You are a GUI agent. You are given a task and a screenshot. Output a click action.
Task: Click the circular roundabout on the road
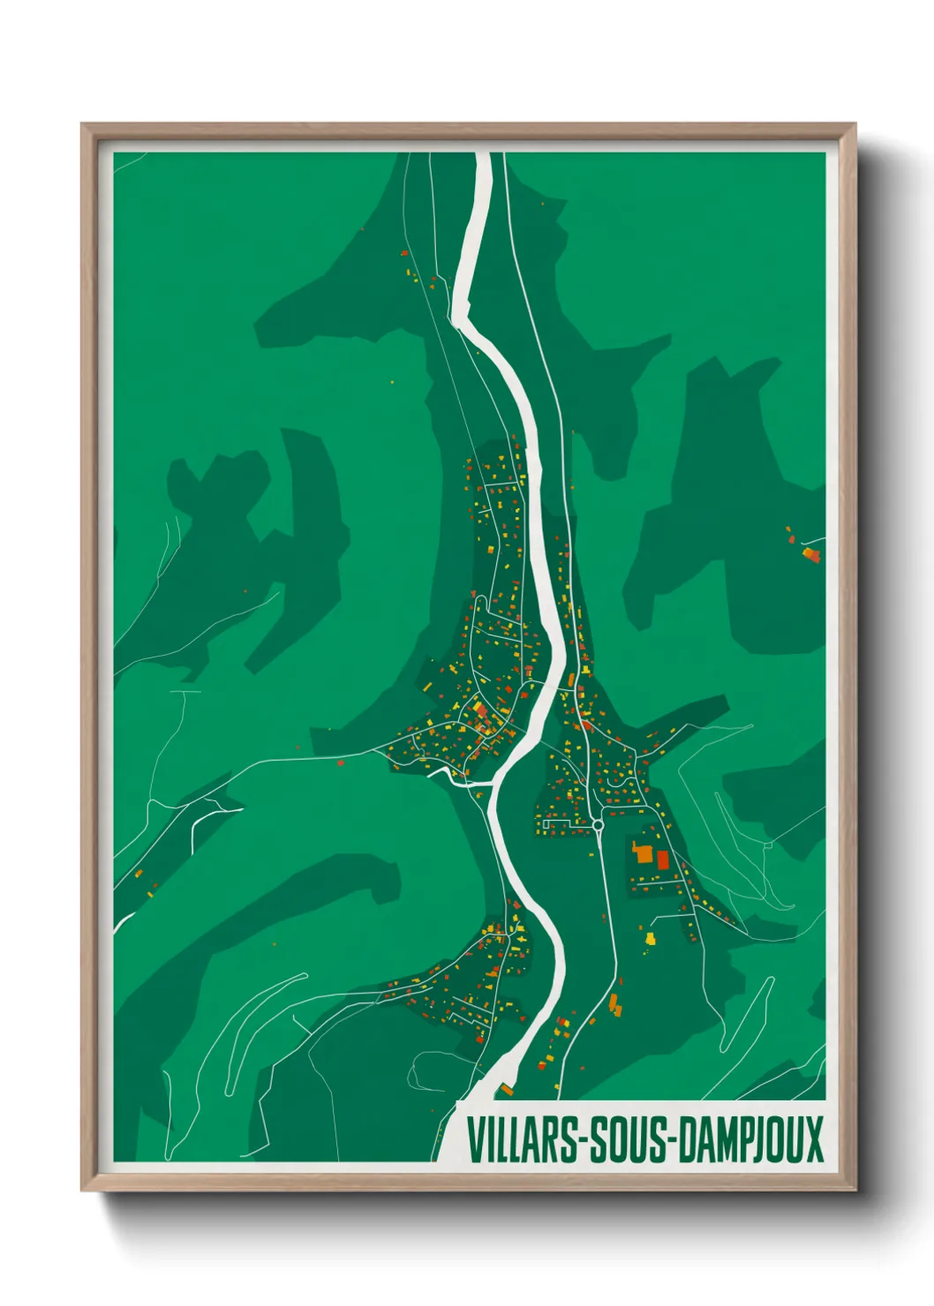pyautogui.click(x=598, y=825)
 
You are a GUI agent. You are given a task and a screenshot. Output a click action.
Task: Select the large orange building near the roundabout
pyautogui.click(x=642, y=853)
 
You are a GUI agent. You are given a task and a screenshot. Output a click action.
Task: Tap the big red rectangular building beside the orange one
pyautogui.click(x=663, y=859)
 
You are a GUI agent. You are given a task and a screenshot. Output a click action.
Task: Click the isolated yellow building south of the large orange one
pyautogui.click(x=651, y=938)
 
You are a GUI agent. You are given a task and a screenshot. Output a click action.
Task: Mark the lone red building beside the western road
pyautogui.click(x=340, y=762)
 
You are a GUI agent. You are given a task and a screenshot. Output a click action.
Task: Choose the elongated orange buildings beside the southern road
pyautogui.click(x=614, y=1003)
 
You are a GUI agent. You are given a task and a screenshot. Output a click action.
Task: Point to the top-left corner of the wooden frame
pyautogui.click(x=82, y=124)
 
